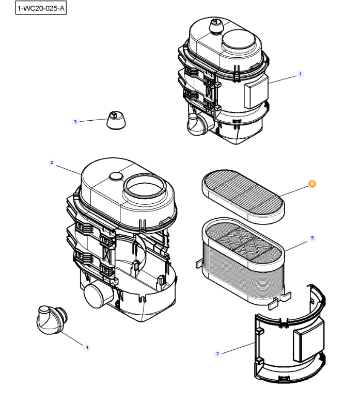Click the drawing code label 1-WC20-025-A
pyautogui.click(x=41, y=8)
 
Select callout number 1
pyautogui.click(x=300, y=74)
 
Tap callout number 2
pyautogui.click(x=52, y=163)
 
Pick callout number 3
pyautogui.click(x=75, y=122)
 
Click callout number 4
pyautogui.click(x=87, y=347)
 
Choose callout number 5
pyautogui.click(x=312, y=238)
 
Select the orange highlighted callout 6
pyautogui.click(x=312, y=184)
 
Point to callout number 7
pyautogui.click(x=217, y=354)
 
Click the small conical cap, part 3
pyautogui.click(x=116, y=120)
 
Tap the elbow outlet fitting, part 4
pyautogui.click(x=52, y=319)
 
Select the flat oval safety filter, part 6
pyautogui.click(x=243, y=197)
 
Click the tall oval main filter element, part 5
pyautogui.click(x=243, y=262)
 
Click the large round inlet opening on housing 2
pyautogui.click(x=145, y=188)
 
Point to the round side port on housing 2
pyautogui.click(x=98, y=295)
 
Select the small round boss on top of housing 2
pyautogui.click(x=116, y=176)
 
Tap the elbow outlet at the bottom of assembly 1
pyautogui.click(x=198, y=124)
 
